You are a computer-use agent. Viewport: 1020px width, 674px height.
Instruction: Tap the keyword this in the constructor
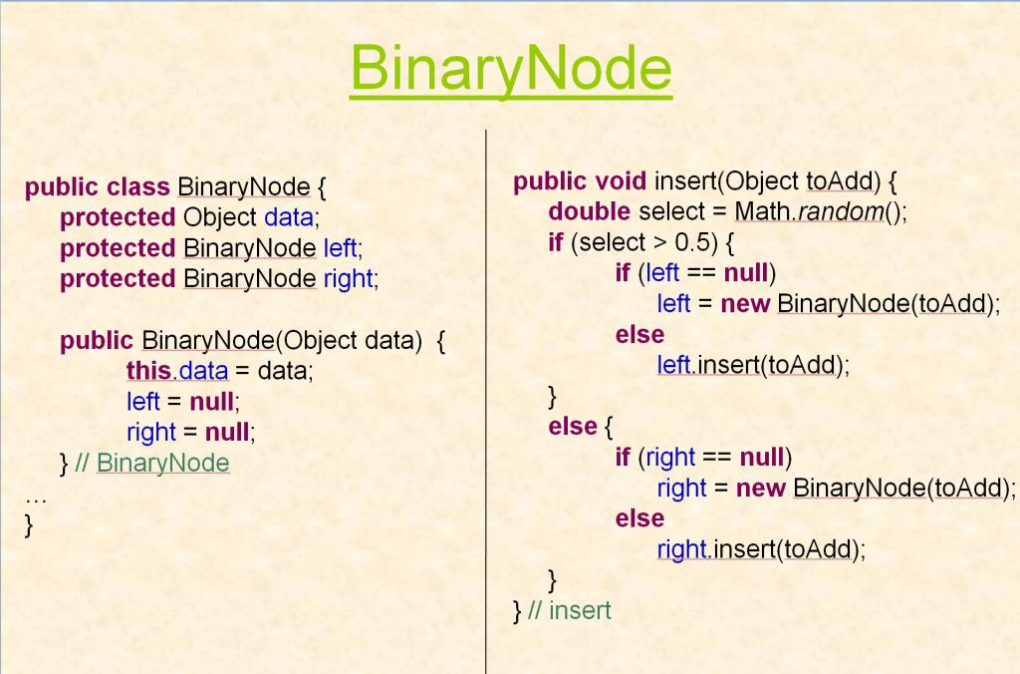[x=148, y=371]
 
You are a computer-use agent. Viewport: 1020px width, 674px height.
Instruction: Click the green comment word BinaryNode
[x=162, y=463]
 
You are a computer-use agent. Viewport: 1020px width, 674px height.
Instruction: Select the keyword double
[x=590, y=211]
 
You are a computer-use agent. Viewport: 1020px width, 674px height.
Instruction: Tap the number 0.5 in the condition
[x=692, y=242]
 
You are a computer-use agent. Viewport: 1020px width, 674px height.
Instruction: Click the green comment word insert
[x=581, y=611]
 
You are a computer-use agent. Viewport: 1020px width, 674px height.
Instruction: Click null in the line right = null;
[x=227, y=432]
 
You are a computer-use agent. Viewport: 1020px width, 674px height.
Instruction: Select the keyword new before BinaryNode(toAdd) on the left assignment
[x=745, y=303]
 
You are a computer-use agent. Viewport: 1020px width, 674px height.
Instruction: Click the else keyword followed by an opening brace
[x=573, y=427]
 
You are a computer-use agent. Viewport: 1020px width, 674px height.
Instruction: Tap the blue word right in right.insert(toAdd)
[x=681, y=549]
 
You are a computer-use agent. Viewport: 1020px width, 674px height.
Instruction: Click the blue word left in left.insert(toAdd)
[x=673, y=365]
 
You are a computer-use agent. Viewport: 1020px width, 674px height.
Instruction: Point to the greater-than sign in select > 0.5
[x=660, y=243]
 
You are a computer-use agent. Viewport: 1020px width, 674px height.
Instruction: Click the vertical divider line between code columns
[x=486, y=402]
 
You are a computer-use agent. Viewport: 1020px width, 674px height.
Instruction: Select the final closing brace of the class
[x=29, y=525]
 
